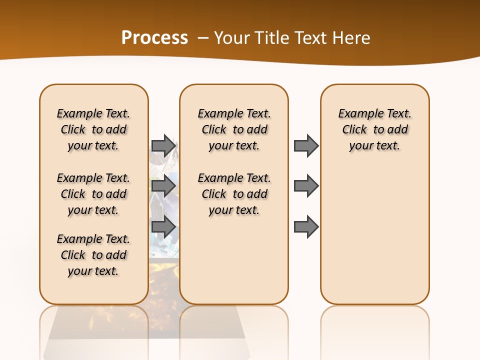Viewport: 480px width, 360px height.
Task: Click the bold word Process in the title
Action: pyautogui.click(x=154, y=38)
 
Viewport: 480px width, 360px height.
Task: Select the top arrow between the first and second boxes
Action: pyautogui.click(x=163, y=145)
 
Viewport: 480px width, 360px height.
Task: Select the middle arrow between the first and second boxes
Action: pyautogui.click(x=163, y=186)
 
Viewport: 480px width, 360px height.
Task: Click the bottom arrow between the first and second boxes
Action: pyautogui.click(x=163, y=227)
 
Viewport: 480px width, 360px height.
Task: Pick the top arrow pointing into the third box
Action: pyautogui.click(x=306, y=145)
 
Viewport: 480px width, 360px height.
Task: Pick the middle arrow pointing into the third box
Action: pyautogui.click(x=306, y=186)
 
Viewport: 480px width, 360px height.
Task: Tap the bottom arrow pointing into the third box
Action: pyautogui.click(x=306, y=227)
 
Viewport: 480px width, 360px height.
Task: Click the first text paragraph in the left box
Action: pyautogui.click(x=93, y=129)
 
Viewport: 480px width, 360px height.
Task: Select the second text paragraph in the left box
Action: pyautogui.click(x=93, y=194)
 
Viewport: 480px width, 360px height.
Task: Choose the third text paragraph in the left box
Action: pyautogui.click(x=93, y=255)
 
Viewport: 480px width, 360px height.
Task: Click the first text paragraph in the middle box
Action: pyautogui.click(x=234, y=129)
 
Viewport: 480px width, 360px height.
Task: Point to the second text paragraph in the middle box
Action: pyautogui.click(x=234, y=194)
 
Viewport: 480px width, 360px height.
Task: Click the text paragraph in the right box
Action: pyautogui.click(x=374, y=129)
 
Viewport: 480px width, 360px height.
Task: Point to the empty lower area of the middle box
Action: pyautogui.click(x=234, y=260)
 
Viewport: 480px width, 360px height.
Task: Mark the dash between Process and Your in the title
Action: pyautogui.click(x=202, y=38)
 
